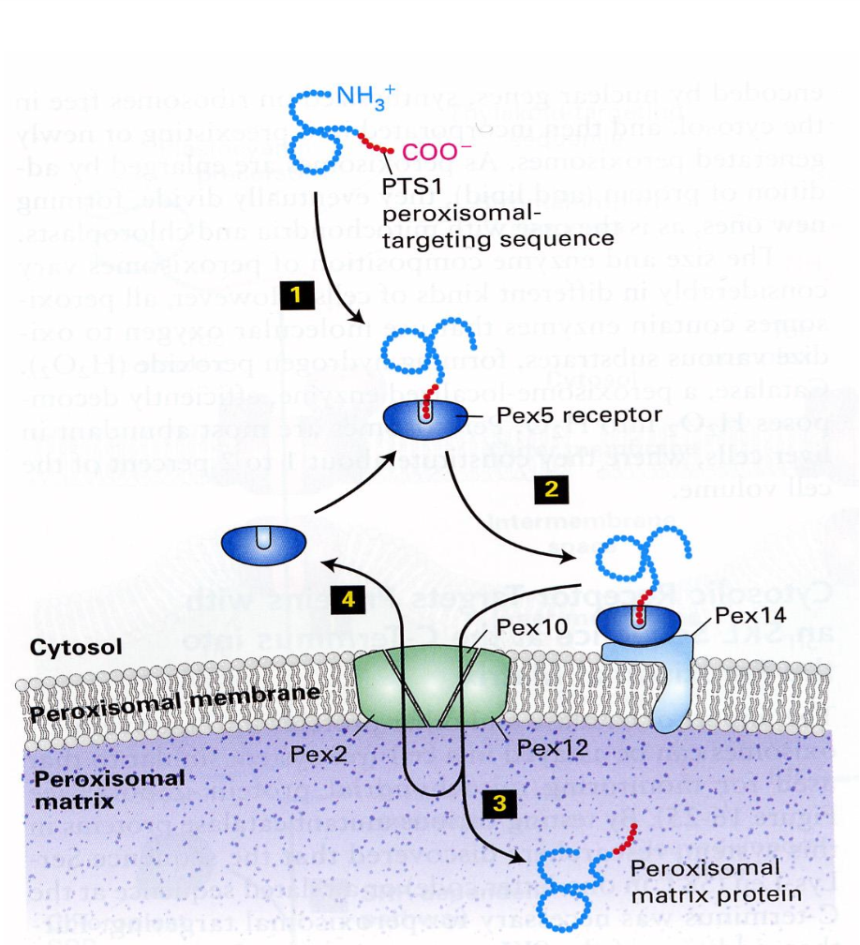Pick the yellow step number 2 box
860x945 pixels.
click(x=551, y=487)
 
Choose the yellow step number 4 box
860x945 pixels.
click(x=346, y=600)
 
